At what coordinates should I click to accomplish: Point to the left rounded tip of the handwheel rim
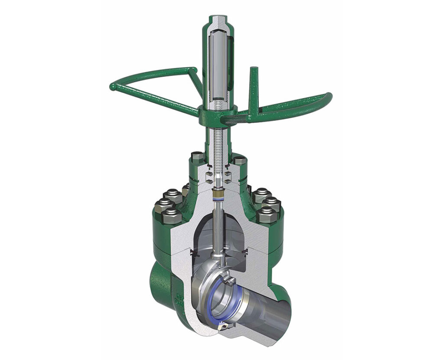[x=114, y=87]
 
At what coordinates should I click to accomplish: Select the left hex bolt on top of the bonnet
[x=197, y=156]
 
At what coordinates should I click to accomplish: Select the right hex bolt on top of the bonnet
[x=240, y=161]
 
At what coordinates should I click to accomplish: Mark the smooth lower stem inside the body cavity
[x=216, y=234]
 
